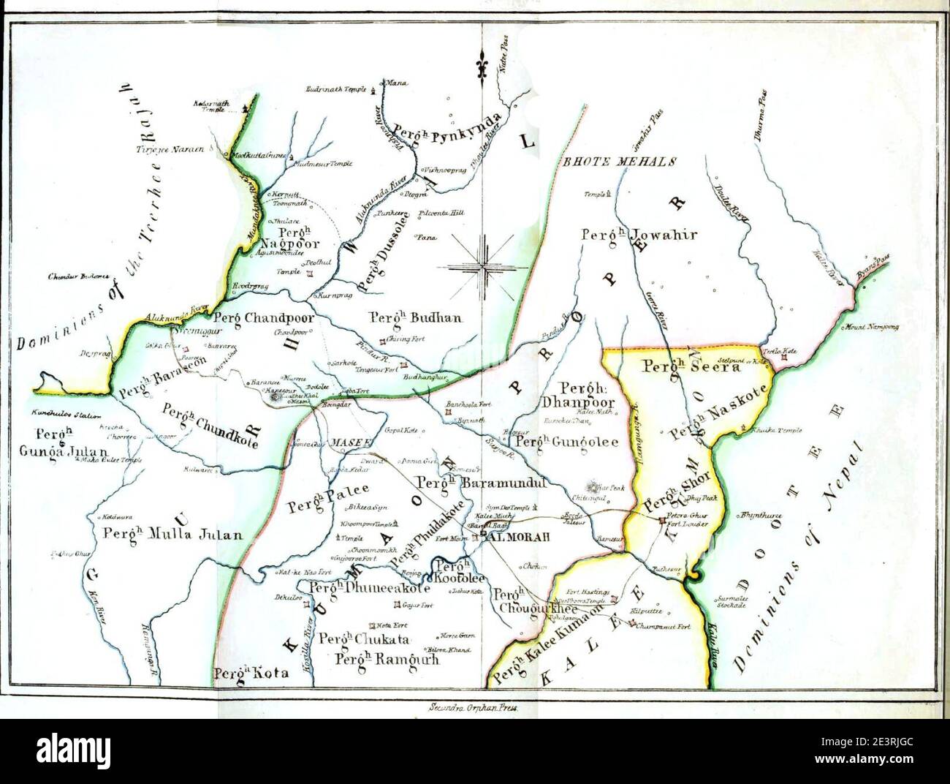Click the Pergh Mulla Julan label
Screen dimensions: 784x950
point(172,534)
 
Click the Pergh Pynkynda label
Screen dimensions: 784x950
point(447,129)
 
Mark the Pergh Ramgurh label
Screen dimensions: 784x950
point(387,658)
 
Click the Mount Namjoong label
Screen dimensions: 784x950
point(873,327)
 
